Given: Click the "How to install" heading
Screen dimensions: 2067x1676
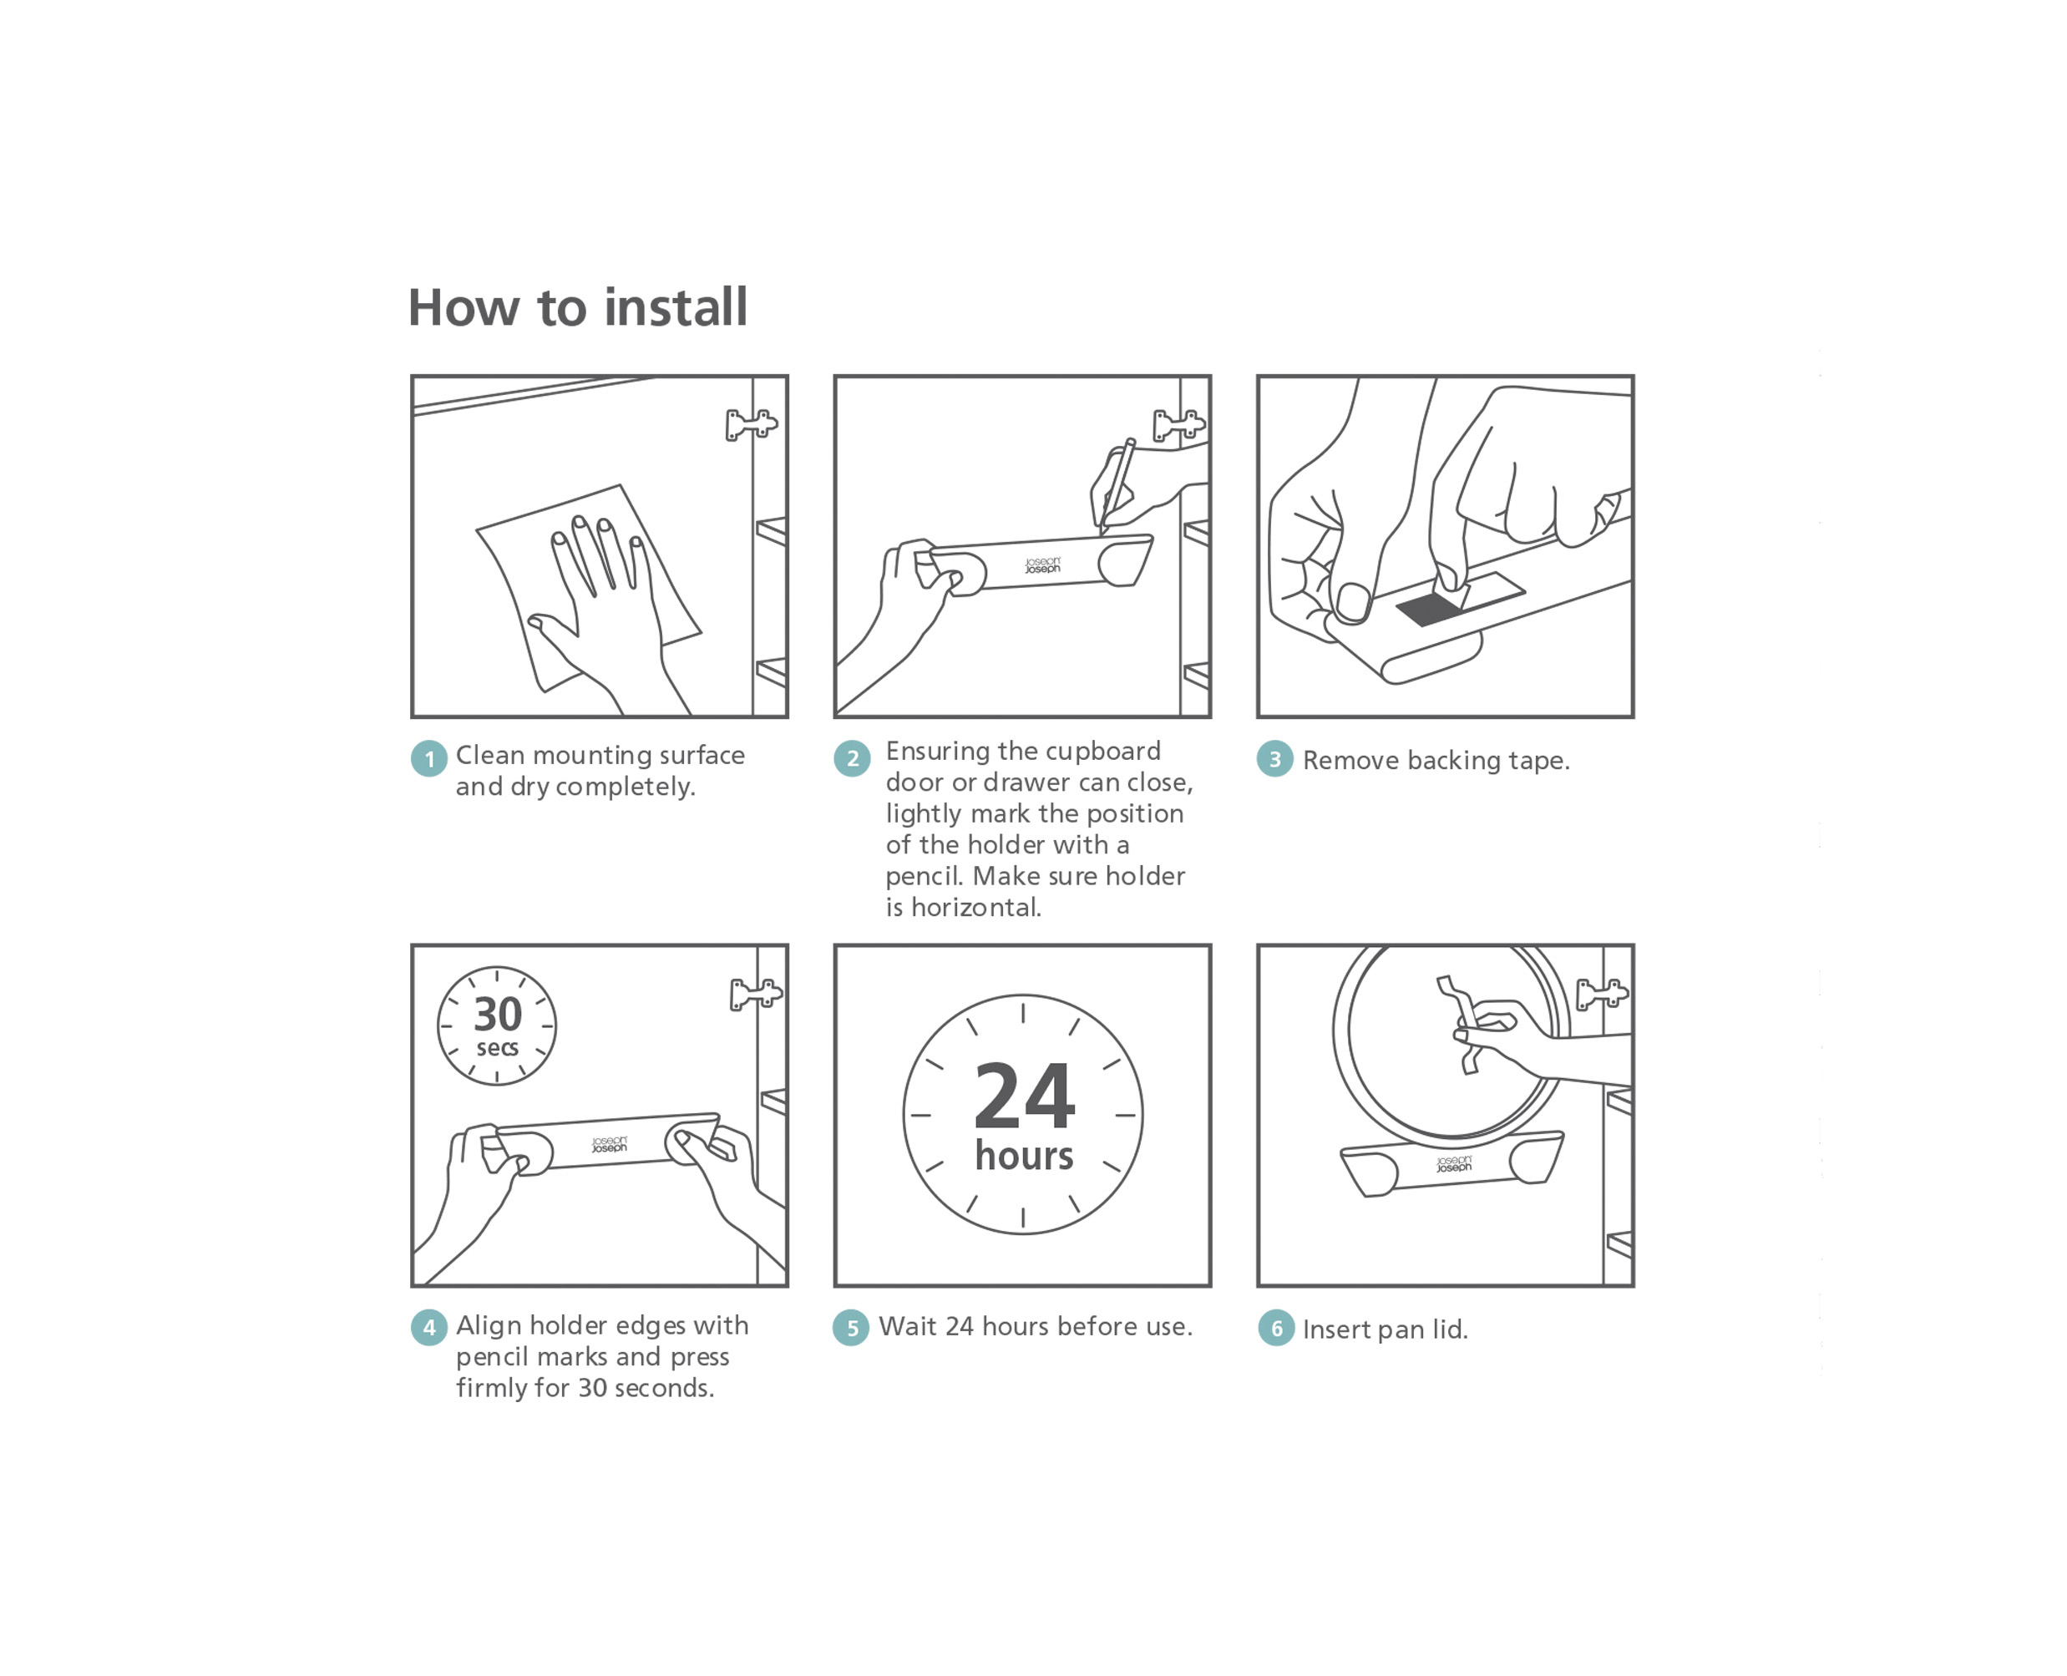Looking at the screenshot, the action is pos(577,307).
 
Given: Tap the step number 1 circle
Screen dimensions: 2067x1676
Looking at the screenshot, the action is pos(428,759).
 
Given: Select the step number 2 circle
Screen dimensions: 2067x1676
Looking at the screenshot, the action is pos(852,759).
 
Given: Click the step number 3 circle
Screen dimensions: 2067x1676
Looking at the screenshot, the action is pos(1274,759).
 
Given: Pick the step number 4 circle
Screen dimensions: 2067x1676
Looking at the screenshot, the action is pos(428,1328).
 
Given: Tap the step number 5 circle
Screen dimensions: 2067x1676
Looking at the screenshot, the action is pos(850,1328).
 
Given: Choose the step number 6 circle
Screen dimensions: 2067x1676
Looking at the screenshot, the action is pos(1275,1329).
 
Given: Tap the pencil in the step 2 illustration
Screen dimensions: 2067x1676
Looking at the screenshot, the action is pos(1117,487).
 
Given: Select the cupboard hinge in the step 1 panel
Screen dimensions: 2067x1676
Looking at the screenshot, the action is pos(751,424).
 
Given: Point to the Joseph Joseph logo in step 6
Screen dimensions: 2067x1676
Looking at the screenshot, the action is pos(1453,1164).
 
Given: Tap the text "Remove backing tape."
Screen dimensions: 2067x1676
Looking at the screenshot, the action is pos(1436,761).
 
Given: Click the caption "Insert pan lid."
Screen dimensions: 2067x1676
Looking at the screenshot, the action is pos(1385,1329).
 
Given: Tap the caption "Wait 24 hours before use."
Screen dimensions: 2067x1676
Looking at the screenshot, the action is pos(1035,1326).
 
